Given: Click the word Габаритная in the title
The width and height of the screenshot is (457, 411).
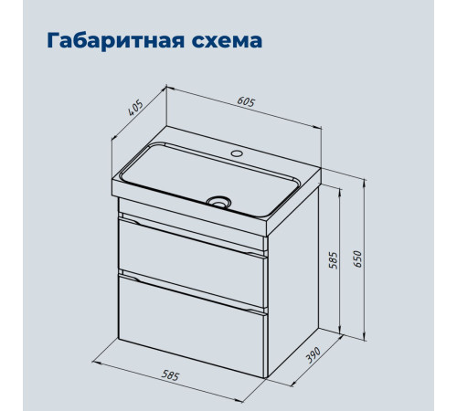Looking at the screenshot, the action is click(x=116, y=41).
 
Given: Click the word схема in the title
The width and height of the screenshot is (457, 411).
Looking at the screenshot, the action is click(x=227, y=41).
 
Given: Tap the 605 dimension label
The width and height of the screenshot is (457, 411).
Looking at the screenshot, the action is click(x=246, y=102).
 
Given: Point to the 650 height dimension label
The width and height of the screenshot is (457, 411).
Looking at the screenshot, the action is click(x=357, y=259).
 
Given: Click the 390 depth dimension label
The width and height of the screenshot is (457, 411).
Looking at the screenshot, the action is click(x=313, y=354).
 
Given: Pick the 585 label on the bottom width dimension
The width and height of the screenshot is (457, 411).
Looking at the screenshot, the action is click(x=170, y=375).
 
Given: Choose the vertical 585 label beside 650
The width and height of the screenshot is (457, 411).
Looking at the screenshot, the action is click(x=334, y=260).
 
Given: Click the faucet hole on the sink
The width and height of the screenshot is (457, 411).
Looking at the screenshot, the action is click(x=237, y=153).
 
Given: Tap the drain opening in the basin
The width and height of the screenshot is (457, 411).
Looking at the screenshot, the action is click(x=218, y=202).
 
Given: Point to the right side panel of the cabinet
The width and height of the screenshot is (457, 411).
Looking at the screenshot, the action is click(x=293, y=281).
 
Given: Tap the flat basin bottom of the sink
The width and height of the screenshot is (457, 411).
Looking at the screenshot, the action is click(x=210, y=180).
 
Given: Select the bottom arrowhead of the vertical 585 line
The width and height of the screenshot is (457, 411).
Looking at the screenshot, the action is click(x=340, y=331).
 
